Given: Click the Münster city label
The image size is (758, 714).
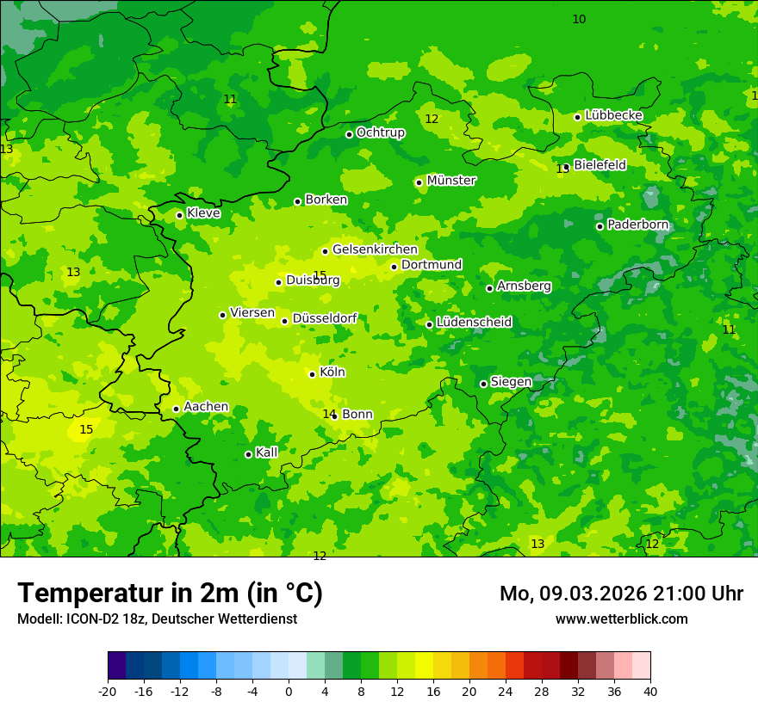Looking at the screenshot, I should (451, 181).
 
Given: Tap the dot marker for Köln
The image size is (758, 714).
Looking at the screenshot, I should (312, 374).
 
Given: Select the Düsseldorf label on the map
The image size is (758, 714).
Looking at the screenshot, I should (325, 319).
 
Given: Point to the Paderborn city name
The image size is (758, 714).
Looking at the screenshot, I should (637, 225).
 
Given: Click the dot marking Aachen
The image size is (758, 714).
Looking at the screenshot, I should (176, 409).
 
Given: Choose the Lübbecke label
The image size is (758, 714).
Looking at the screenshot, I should (613, 115).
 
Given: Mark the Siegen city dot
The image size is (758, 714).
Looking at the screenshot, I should (483, 384).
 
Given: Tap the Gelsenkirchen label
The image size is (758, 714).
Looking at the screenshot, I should (375, 249).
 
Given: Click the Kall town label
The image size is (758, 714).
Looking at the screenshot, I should (266, 452).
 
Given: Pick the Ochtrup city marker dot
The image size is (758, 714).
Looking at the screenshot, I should (349, 134).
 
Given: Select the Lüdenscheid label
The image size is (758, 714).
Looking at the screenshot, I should (474, 323).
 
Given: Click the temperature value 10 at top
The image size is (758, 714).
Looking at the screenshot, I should (579, 19).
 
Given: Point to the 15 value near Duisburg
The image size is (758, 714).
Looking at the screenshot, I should (320, 275).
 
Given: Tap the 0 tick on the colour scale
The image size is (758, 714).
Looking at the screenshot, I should (289, 692).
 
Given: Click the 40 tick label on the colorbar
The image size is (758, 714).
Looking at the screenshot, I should (649, 692).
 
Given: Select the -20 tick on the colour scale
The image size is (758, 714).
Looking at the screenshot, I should (108, 692).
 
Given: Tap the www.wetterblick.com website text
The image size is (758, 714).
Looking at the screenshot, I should (621, 619).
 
